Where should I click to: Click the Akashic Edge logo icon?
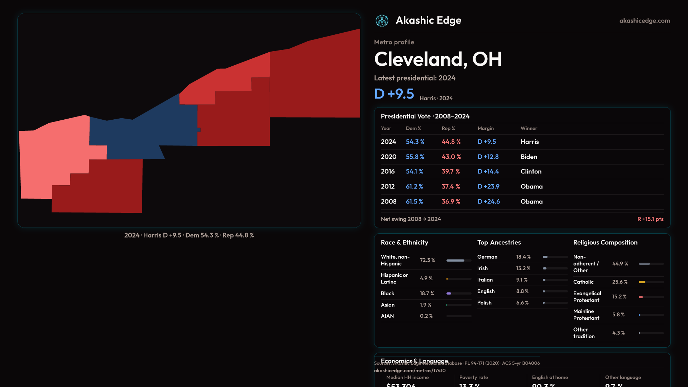tap(382, 21)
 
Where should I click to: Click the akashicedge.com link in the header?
tap(645, 21)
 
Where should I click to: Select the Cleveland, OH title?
tap(438, 59)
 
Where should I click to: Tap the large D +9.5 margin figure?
tap(394, 94)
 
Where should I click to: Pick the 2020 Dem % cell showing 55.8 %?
tap(415, 157)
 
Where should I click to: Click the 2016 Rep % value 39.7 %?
tap(451, 172)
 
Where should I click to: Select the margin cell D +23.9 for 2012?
tap(488, 187)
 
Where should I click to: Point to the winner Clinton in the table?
tap(531, 172)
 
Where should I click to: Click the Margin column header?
tap(486, 128)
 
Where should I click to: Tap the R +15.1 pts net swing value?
tap(650, 219)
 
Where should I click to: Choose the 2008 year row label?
tap(388, 202)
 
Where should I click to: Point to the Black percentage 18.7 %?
tap(427, 293)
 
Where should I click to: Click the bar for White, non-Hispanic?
tap(455, 261)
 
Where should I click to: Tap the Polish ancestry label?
tap(484, 303)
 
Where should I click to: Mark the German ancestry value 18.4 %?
tap(524, 257)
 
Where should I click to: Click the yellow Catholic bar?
tap(642, 282)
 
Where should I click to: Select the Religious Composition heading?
tap(605, 243)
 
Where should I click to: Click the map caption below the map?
tap(189, 235)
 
